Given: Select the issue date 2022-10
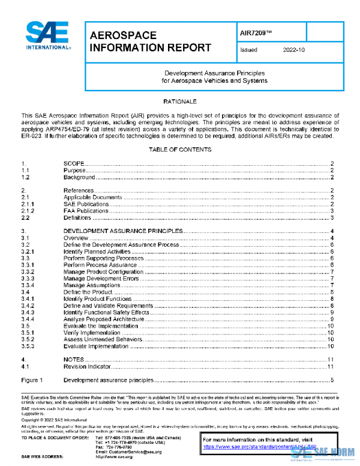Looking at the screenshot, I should tap(294, 50).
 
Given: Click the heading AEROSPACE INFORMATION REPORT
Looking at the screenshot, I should tap(150, 41).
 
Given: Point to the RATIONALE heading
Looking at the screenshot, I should tap(180, 101).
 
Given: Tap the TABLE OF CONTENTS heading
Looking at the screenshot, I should tap(180, 149).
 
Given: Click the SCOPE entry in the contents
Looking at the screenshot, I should tap(74, 163).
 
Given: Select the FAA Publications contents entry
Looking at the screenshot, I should tap(85, 211).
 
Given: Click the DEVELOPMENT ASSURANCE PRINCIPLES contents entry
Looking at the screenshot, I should tap(122, 231).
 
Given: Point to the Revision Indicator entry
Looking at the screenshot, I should tap(87, 366).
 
